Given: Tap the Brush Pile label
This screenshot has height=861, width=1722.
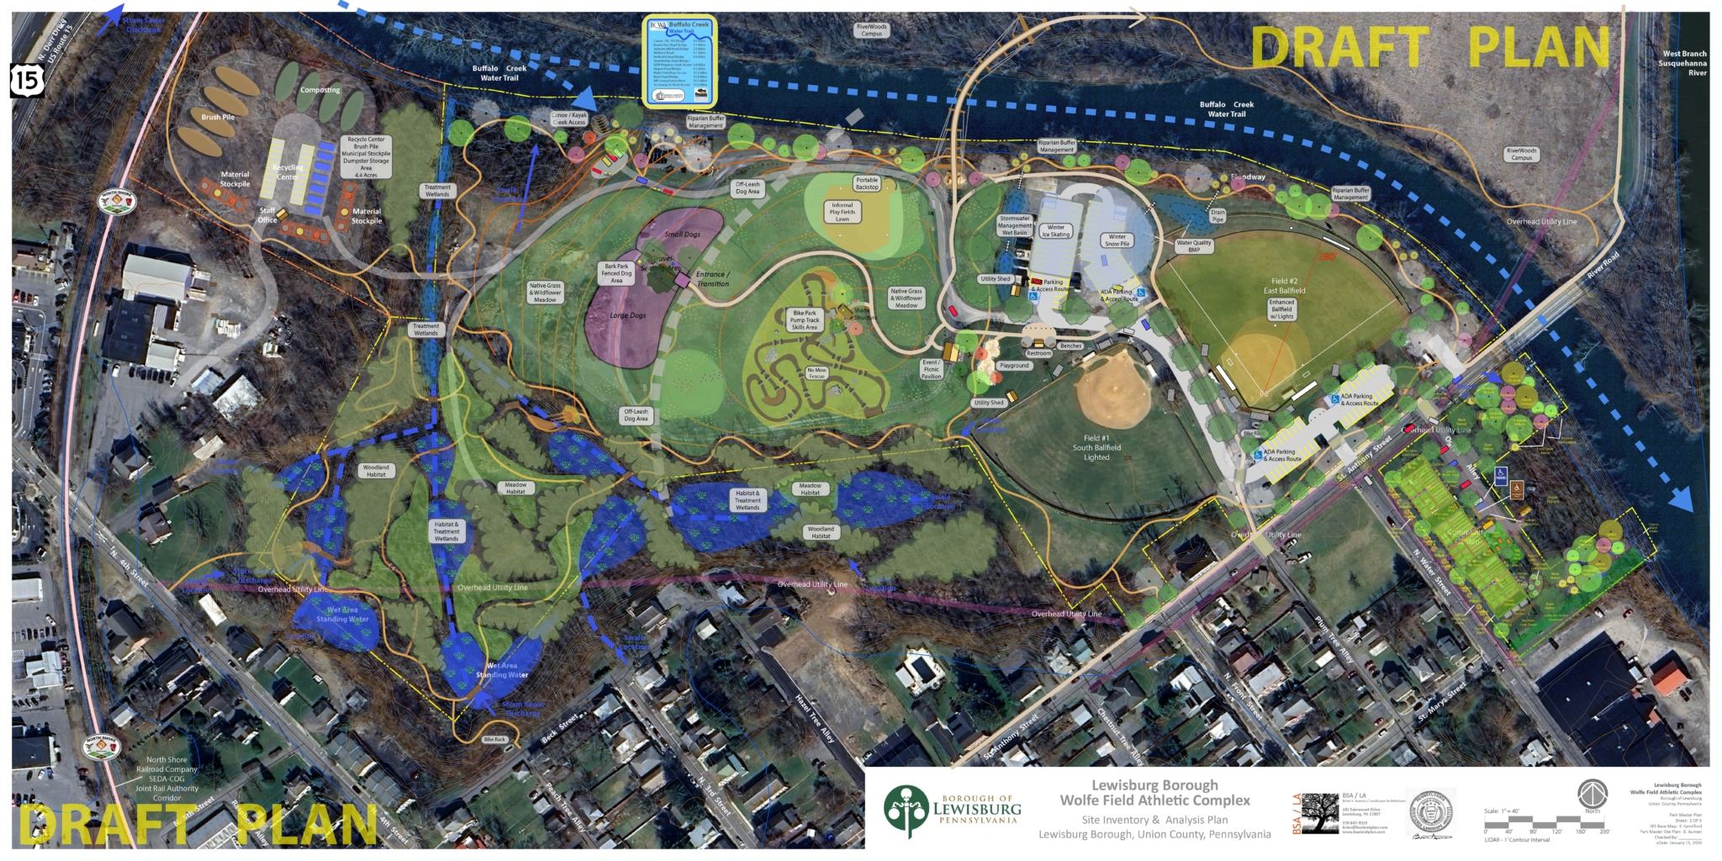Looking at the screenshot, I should coord(218,117).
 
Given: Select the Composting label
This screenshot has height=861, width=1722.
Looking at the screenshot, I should coord(320,90).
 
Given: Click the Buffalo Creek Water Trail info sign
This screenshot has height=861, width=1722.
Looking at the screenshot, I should coord(679,61).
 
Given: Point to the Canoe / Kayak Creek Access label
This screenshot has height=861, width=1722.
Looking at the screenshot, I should coord(569,119).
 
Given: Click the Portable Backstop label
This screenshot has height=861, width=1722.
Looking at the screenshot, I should coord(867,183).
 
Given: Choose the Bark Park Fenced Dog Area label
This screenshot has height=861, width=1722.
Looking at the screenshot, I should coord(616,273).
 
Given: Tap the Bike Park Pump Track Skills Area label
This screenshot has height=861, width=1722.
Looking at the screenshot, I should coord(805,320).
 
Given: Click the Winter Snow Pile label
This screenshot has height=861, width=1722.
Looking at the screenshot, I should coord(1117,240).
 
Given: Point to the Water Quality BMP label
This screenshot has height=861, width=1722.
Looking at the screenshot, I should coord(1194,246).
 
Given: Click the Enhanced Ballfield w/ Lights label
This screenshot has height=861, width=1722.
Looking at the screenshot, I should coord(1281,309).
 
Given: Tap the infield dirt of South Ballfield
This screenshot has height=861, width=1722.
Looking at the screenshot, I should coord(1114,388).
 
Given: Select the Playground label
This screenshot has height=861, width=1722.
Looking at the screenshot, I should coord(1014,366).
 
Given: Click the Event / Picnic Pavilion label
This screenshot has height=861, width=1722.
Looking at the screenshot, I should coord(932,369).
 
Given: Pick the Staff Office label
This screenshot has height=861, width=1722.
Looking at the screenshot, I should coord(267,215).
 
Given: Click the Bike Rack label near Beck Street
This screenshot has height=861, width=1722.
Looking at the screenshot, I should coord(495,739).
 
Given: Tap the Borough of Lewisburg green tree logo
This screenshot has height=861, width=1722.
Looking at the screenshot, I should coord(905,811).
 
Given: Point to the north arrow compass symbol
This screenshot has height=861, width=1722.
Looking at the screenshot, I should coord(1593,795).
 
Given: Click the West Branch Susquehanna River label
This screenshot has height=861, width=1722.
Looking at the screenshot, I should coord(1683,63).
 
